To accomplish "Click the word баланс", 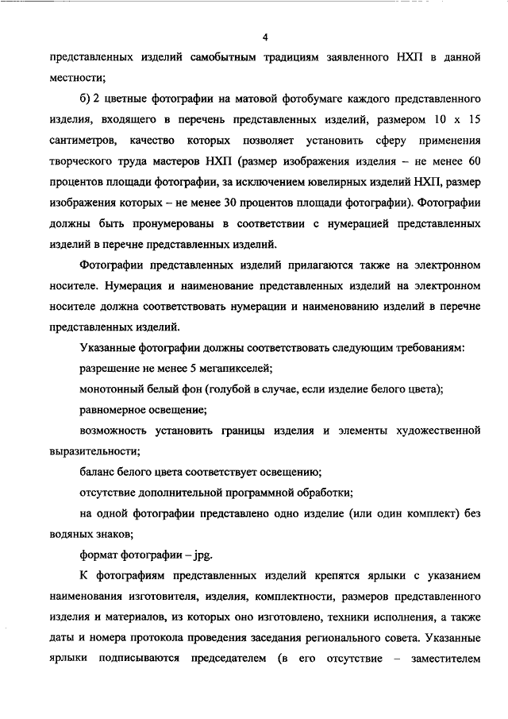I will [98, 472].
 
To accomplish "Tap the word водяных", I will [75, 534].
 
